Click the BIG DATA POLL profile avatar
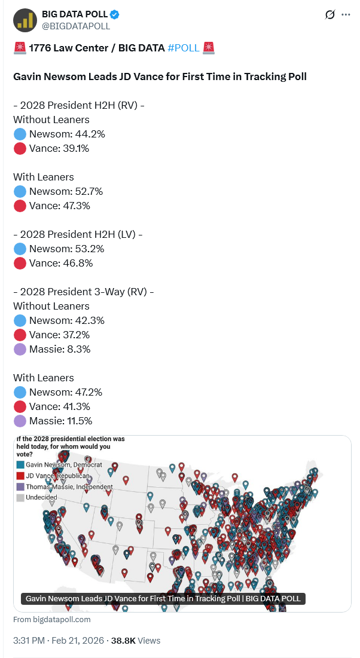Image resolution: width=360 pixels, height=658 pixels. [x=25, y=20]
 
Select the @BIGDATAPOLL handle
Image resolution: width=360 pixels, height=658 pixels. [x=76, y=26]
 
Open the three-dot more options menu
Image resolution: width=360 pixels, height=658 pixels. [x=346, y=14]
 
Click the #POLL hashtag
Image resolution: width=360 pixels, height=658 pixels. [x=184, y=48]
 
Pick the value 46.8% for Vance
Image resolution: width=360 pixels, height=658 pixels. [x=77, y=263]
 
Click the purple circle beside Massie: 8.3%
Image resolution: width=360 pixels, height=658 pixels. [x=20, y=349]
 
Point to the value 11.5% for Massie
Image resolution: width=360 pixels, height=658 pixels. [x=79, y=421]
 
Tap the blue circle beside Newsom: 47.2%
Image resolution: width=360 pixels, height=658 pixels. [x=20, y=392]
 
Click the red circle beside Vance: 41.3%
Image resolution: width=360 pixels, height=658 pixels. [x=20, y=406]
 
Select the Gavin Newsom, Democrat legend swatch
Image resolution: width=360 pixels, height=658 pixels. [x=20, y=464]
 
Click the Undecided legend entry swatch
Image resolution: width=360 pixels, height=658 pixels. [x=20, y=497]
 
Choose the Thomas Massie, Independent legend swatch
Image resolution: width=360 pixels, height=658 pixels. [x=20, y=486]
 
